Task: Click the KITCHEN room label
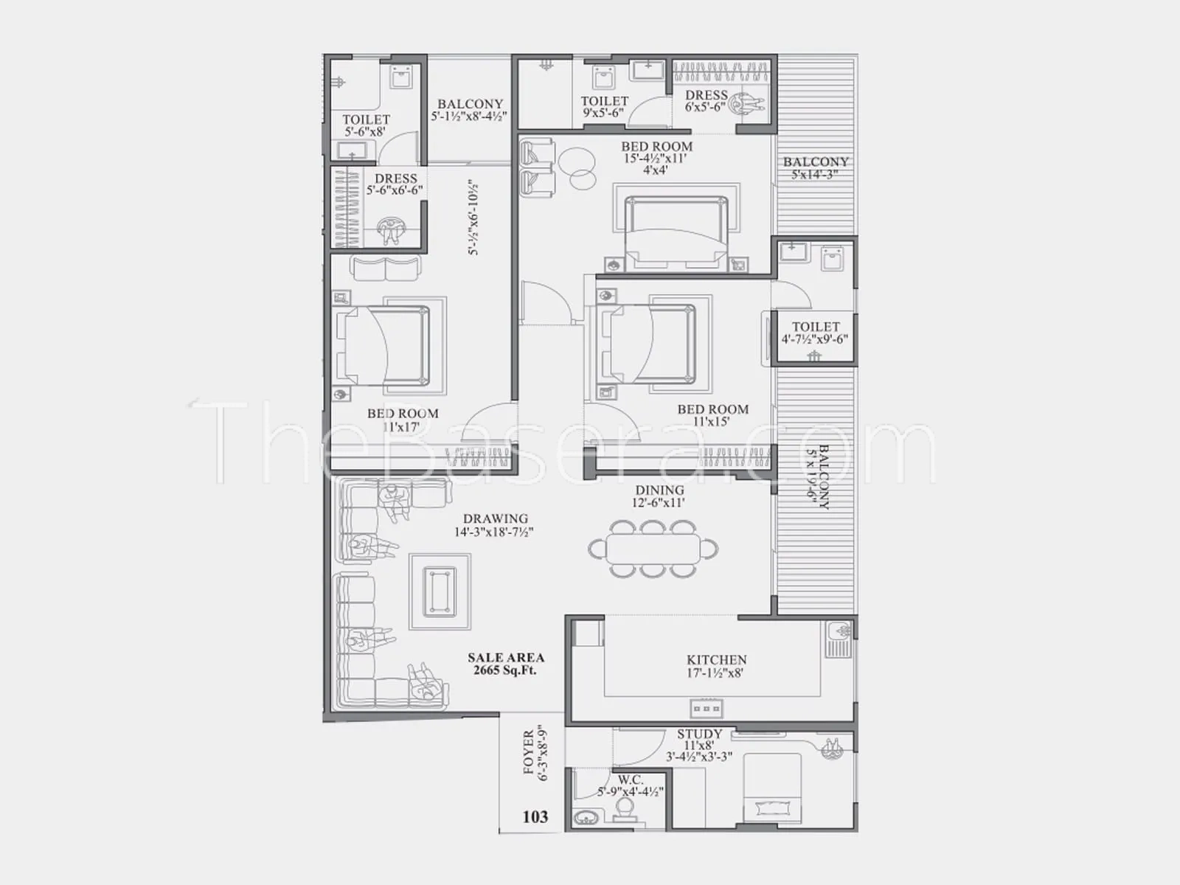[x=716, y=659]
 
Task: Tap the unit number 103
[x=535, y=816]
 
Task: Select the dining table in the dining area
[x=653, y=549]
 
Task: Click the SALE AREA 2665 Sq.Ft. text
[x=505, y=664]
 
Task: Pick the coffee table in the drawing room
[x=440, y=591]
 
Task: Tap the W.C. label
[x=630, y=779]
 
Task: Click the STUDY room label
[x=699, y=734]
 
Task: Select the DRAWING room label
[x=495, y=518]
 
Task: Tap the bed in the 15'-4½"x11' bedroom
[x=676, y=235]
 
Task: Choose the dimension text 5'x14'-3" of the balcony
[x=815, y=174]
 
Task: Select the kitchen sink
[x=839, y=639]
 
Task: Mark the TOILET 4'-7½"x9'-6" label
[x=815, y=333]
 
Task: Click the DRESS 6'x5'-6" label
[x=706, y=100]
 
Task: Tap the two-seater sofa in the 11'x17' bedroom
[x=386, y=268]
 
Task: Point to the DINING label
[x=659, y=490]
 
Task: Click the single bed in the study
[x=772, y=788]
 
